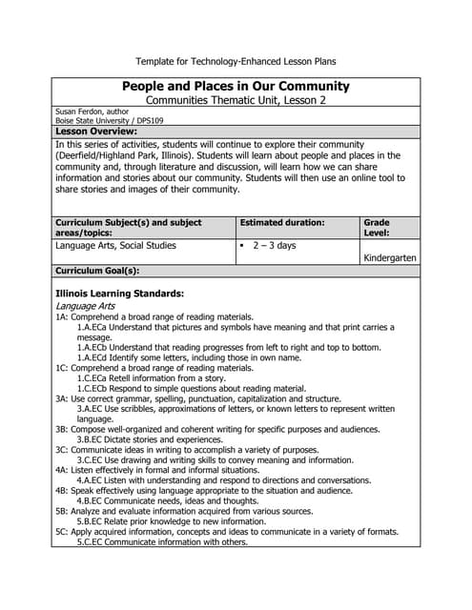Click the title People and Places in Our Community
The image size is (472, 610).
point(236,86)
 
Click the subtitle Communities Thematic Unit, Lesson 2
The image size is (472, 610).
point(236,100)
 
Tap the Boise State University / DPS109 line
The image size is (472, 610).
point(109,121)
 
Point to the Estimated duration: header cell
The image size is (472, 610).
point(282,222)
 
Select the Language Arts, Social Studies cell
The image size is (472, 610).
point(116,245)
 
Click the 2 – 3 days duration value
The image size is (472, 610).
point(276,245)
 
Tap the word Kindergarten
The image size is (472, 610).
point(390,257)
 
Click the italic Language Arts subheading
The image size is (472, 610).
point(86,306)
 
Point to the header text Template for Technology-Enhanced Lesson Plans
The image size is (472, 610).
point(236,61)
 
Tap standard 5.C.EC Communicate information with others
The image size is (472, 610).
point(162,542)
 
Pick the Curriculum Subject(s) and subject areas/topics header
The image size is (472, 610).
point(129,228)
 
